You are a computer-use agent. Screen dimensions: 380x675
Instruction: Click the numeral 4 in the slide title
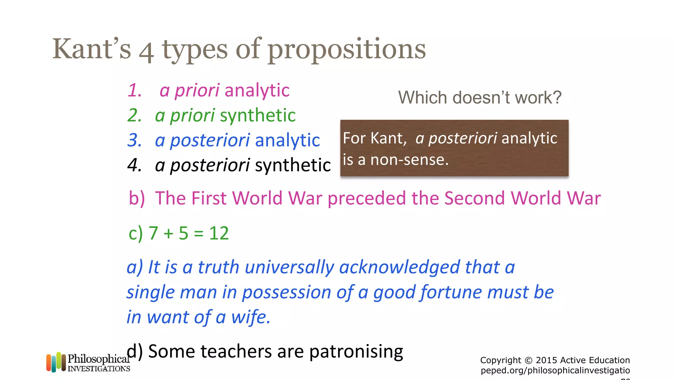coord(146,53)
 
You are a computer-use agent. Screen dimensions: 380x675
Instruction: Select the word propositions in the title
coord(346,49)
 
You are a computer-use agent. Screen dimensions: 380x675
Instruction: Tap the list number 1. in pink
coord(135,90)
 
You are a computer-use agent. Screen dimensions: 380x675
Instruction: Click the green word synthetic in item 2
coord(258,115)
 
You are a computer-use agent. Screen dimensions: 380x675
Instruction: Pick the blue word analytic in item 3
coord(287,140)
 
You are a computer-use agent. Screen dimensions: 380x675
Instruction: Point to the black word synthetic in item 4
coord(293,165)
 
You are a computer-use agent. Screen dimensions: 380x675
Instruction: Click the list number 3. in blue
coord(135,140)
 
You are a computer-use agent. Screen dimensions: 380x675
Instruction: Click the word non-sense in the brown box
coord(409,160)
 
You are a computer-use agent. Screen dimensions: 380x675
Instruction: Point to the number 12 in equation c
coord(219,234)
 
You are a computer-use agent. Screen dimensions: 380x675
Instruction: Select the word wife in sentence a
coord(250,317)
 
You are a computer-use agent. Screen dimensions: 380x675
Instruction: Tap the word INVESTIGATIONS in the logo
coord(99,369)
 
